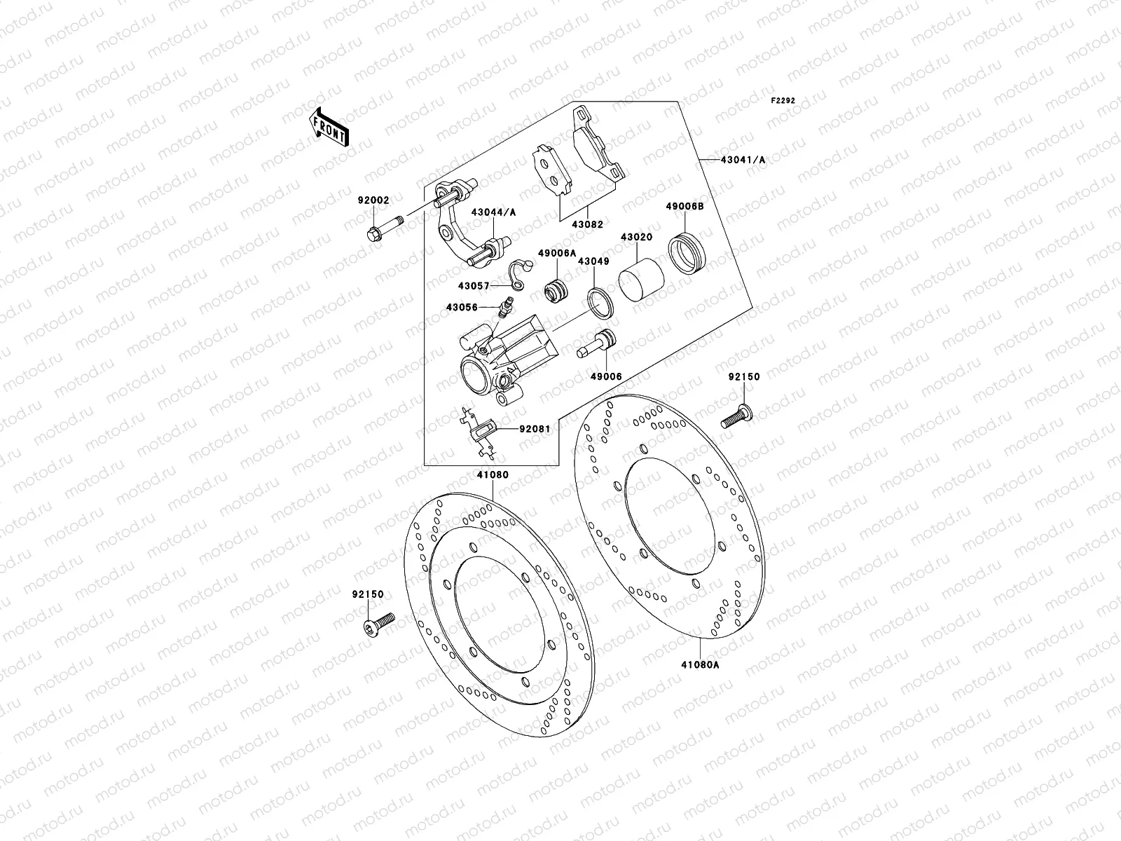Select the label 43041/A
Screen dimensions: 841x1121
tap(743, 160)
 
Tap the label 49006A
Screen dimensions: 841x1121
tap(556, 253)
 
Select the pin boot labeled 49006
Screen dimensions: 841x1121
tap(597, 344)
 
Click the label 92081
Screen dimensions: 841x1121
tap(534, 429)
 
